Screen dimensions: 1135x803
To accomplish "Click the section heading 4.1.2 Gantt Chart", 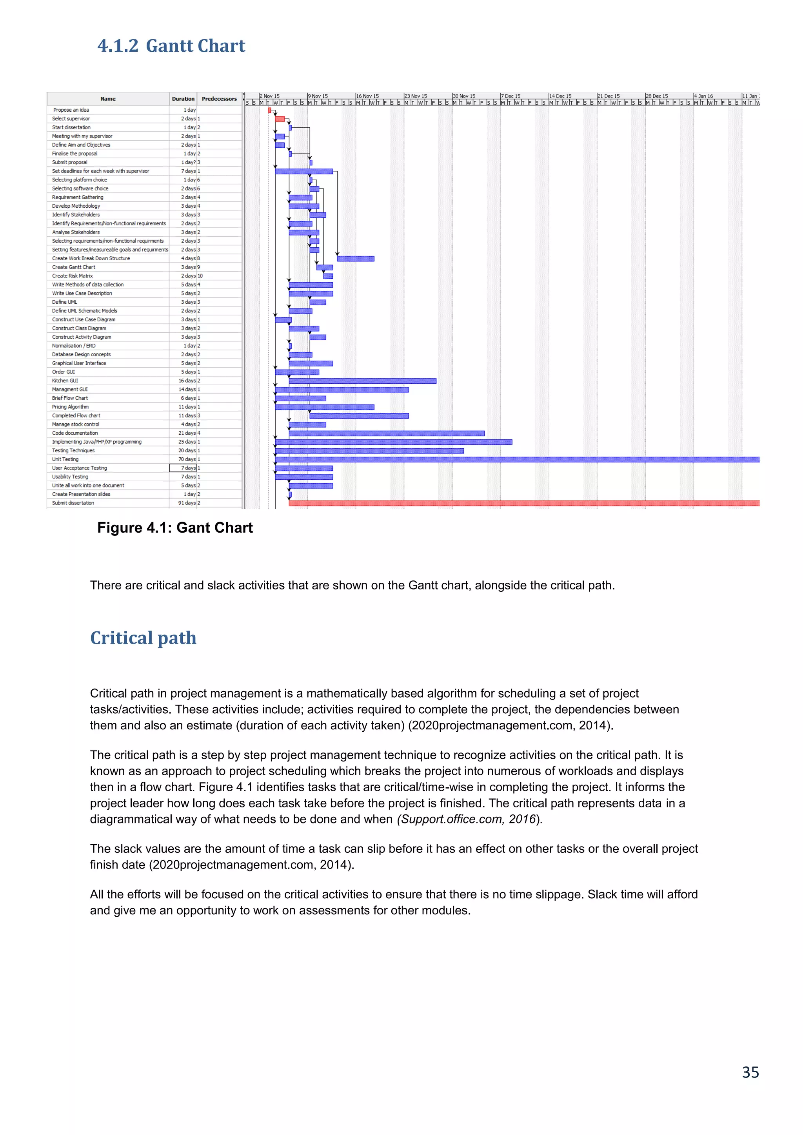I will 171,46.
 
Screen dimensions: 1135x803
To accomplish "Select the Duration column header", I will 183,99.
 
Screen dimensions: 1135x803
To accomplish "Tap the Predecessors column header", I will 219,99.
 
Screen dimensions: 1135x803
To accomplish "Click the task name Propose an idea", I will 71,110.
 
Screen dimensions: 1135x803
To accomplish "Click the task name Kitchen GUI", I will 65,381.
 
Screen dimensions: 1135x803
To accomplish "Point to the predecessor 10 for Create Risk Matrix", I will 200,276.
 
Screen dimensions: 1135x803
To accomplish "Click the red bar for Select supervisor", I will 280,119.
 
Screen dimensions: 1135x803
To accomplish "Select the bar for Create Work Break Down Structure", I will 356,259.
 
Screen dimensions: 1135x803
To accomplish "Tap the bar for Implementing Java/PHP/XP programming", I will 393,442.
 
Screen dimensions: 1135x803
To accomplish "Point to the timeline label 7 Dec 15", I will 511,96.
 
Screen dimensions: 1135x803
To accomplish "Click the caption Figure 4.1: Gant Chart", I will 174,528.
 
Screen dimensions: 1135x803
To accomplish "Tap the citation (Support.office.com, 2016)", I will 469,819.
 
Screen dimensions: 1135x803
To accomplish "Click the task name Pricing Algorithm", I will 71,407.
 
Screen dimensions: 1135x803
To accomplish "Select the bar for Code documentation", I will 386,433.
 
